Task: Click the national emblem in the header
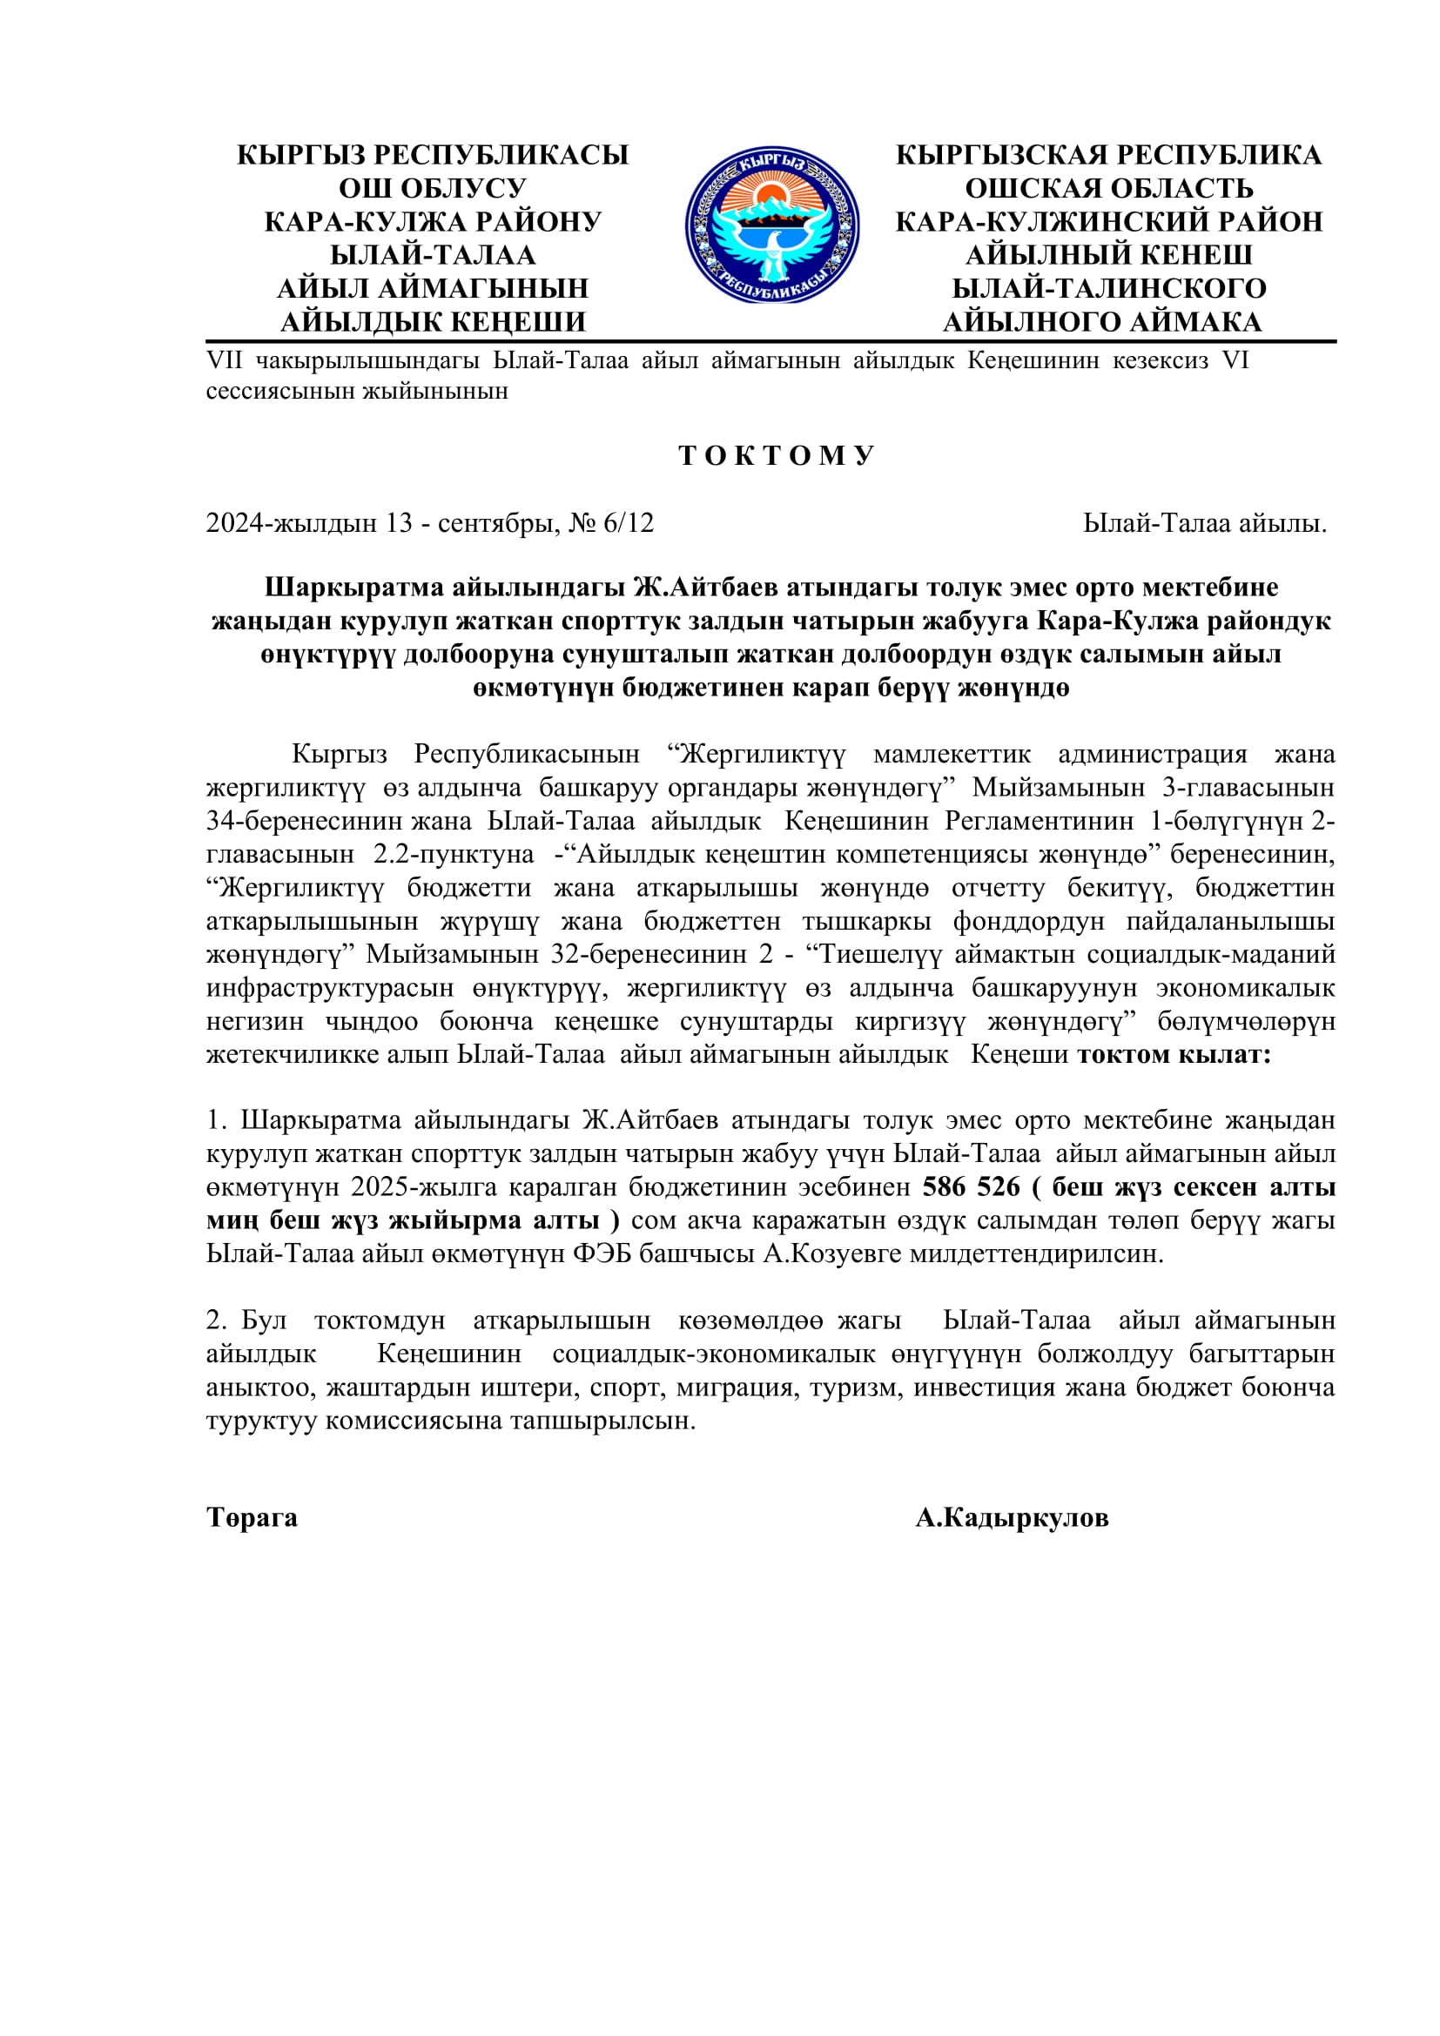point(771,225)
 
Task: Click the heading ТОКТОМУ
point(777,456)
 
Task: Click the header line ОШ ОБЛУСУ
point(433,188)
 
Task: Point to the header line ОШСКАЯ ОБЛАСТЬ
point(1108,188)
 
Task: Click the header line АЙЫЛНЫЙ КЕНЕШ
point(1108,255)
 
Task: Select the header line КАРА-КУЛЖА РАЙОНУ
point(433,222)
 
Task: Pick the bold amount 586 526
point(971,1187)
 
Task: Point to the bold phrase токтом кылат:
point(1174,1054)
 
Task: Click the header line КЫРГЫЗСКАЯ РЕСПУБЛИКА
point(1108,155)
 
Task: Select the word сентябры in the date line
point(498,523)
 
